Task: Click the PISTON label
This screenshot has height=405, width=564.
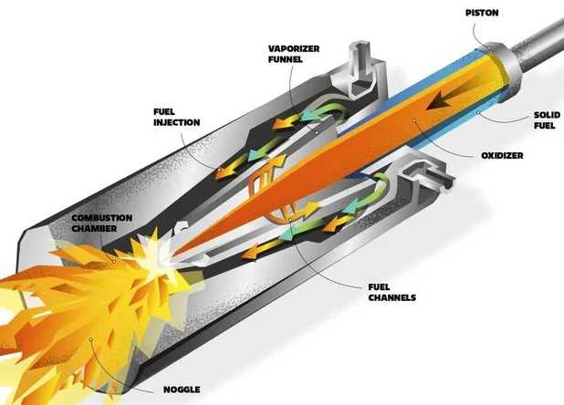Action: pos(482,13)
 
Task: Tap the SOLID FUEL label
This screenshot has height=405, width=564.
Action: pos(547,120)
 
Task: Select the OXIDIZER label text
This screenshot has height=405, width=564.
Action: pos(502,156)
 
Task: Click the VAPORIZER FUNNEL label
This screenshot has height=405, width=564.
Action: pos(294,54)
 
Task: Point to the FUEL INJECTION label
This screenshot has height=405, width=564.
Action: pos(177,117)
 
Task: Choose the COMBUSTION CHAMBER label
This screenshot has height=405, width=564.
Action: pos(102,223)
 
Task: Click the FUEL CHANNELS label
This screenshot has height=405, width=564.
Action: pos(392,292)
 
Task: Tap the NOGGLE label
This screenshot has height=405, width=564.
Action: pos(182,389)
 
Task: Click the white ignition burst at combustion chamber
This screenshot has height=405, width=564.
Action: pos(154,252)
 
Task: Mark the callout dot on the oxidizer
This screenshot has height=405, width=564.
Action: pos(414,120)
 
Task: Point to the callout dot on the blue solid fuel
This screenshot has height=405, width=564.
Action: pos(478,113)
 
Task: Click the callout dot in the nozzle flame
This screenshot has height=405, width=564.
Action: pos(91,339)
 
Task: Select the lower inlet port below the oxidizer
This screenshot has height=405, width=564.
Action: pos(426,176)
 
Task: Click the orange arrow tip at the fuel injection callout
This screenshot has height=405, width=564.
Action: pos(218,173)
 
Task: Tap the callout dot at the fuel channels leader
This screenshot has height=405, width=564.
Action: pos(290,219)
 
